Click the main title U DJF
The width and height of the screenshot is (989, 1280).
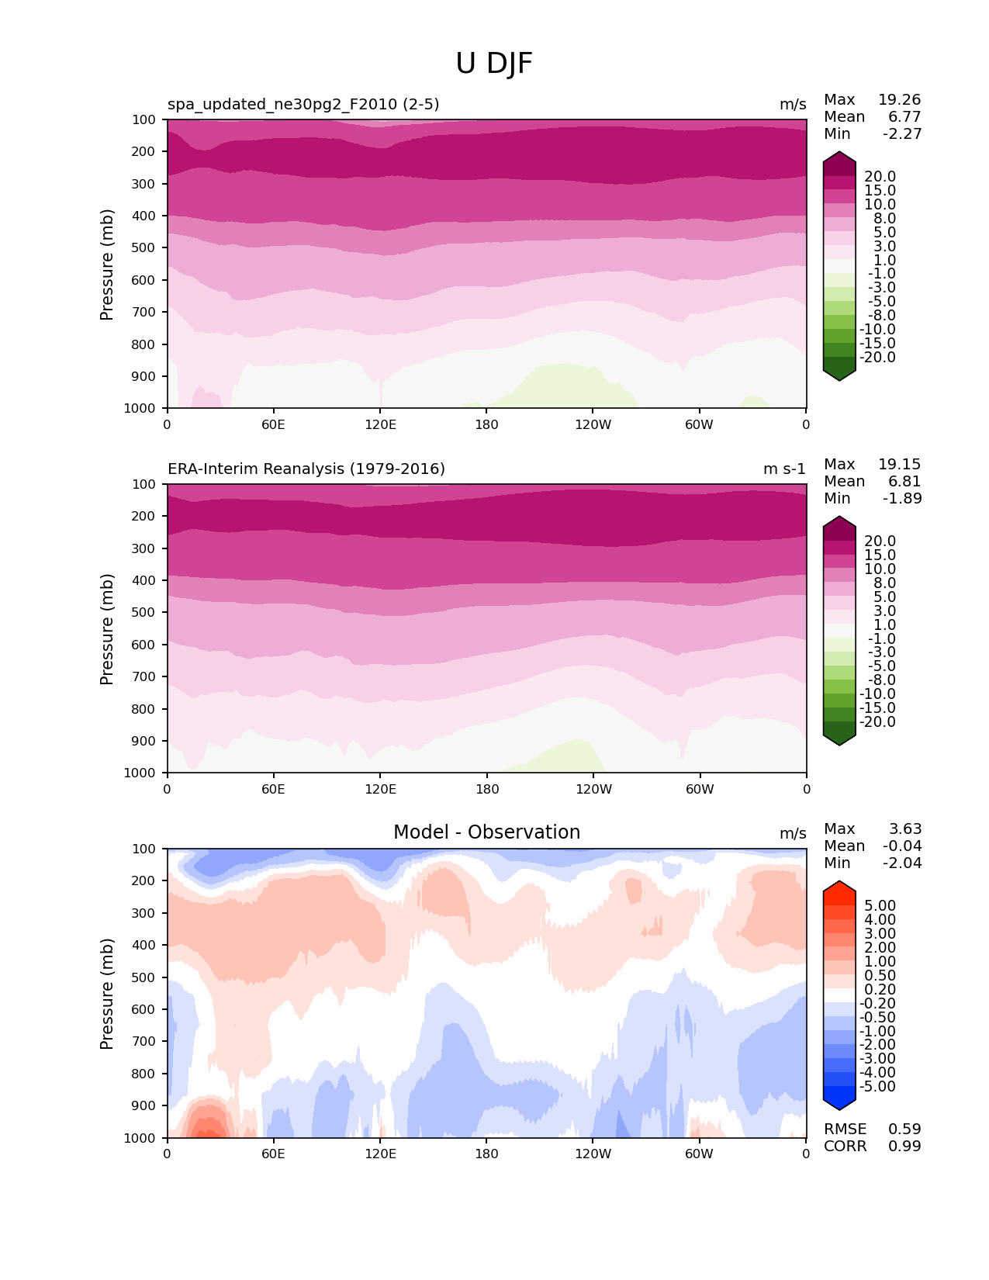(494, 64)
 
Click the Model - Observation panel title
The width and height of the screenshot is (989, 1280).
(486, 832)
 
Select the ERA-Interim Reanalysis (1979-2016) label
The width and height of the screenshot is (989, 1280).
(306, 469)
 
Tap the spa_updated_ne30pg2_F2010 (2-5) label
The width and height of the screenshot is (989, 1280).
(303, 104)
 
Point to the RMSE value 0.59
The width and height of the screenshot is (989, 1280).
(904, 1129)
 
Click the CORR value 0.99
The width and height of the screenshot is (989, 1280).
(904, 1146)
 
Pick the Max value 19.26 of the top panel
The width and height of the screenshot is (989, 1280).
(899, 99)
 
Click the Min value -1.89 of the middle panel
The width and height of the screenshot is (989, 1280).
(902, 498)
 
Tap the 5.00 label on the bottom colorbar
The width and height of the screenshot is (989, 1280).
(880, 905)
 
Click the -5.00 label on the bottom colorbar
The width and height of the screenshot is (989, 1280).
(877, 1086)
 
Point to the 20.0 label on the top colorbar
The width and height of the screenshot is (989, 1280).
(880, 176)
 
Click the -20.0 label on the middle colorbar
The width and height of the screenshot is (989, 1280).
(877, 721)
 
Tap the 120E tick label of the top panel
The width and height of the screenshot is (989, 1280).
(380, 424)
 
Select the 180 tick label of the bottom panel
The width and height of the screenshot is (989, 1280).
(486, 1154)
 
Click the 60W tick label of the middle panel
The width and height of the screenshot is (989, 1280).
(699, 789)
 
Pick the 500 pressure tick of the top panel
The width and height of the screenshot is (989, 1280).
(144, 247)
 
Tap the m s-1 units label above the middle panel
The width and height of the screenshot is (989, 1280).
(784, 469)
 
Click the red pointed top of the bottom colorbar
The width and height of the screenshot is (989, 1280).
(839, 887)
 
